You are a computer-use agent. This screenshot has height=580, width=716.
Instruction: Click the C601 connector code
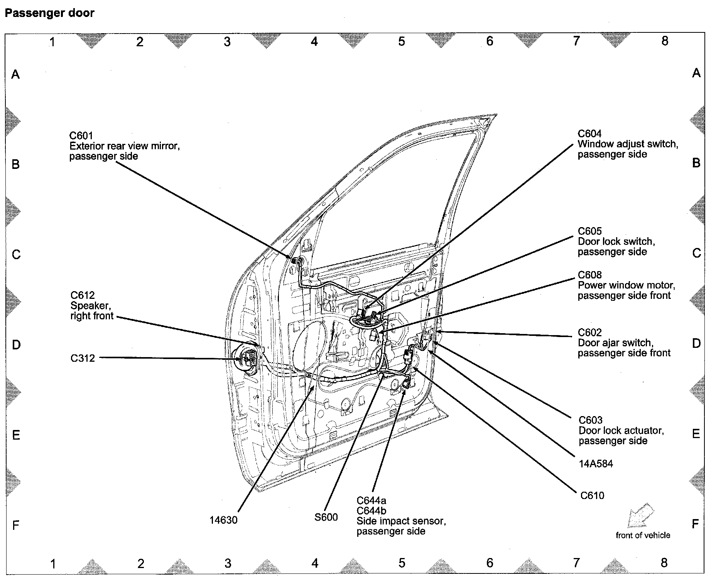point(81,135)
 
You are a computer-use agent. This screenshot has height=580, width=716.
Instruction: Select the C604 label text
point(589,134)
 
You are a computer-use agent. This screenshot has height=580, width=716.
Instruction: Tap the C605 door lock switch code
point(589,231)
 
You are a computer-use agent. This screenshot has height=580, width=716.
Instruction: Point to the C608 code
point(589,275)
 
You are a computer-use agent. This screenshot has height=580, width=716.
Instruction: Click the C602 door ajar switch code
point(589,332)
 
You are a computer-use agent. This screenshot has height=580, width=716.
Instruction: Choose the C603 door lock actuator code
point(590,420)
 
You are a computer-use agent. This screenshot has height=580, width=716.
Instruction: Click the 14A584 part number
point(596,464)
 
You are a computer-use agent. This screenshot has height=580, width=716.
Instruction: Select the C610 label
point(592,496)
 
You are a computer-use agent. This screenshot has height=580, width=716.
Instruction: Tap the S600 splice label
point(326,517)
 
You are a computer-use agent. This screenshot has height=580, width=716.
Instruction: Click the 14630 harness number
point(223,520)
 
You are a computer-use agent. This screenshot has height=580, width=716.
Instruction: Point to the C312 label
point(83,358)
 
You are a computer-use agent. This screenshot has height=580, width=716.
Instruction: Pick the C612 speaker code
point(83,295)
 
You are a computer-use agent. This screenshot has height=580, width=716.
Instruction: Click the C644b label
point(371,511)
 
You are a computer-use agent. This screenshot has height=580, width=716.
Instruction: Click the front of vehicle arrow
point(640,515)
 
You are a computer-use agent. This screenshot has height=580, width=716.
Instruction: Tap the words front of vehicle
point(643,535)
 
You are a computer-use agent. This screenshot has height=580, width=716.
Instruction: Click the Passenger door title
point(49,13)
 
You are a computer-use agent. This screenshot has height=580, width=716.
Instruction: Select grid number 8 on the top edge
point(665,41)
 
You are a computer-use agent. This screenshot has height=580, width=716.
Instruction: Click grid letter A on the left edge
point(15,74)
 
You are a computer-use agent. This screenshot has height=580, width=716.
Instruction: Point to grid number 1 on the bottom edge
point(53,564)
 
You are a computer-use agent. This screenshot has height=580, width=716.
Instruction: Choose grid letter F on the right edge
point(695,524)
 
